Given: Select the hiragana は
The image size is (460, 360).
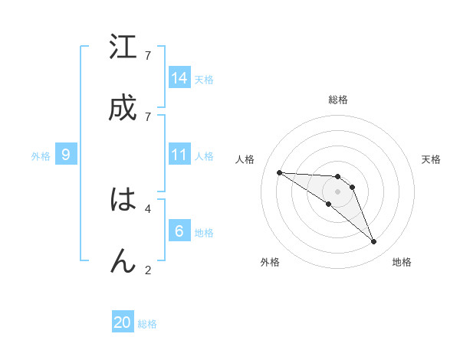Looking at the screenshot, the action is point(123,200).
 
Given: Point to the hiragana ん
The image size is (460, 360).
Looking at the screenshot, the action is point(123,260).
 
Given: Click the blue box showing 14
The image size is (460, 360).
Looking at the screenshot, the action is point(179,78).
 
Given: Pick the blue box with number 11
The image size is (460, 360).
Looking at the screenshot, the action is point(179,155).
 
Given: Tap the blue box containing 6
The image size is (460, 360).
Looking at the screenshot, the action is point(179,231).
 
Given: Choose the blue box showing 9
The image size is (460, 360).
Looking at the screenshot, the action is point(66,155).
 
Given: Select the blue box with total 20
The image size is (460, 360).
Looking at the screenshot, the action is point(123,322).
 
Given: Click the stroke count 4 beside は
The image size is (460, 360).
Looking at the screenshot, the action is point(147,208).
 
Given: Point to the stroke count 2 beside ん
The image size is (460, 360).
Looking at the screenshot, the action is point(147,269).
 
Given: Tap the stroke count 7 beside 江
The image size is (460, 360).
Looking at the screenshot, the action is point(147,56).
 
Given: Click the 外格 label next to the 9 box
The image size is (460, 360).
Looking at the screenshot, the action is point(41,156).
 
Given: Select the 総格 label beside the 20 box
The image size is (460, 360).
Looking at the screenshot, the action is point(147,324).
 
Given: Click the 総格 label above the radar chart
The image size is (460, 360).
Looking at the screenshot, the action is point(338,100).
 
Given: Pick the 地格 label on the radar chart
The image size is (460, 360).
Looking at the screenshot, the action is point(402,262).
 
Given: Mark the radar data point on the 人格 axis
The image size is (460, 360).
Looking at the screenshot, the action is point(279,172).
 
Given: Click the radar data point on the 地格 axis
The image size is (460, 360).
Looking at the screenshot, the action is point(373,242).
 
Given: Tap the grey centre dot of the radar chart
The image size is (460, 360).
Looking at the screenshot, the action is point(338,191).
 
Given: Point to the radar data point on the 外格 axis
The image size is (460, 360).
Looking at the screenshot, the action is point(328,204).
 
